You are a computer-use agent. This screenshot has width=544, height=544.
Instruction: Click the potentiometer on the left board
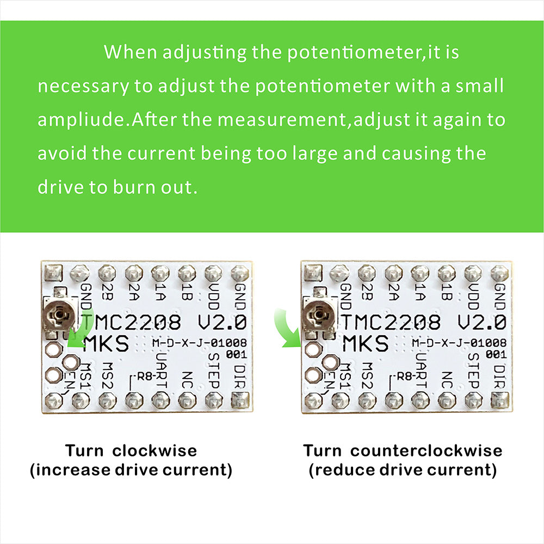(x=59, y=315)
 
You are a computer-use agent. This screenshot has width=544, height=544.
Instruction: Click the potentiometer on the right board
(x=319, y=315)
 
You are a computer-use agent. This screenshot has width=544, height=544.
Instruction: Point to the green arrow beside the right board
(x=288, y=329)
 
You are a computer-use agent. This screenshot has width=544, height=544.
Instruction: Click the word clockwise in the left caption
(x=154, y=450)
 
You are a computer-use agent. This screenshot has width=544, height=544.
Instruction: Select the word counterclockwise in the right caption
(x=426, y=450)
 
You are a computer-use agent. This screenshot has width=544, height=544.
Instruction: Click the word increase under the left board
(x=73, y=470)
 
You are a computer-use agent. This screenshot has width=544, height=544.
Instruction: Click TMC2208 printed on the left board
(x=131, y=322)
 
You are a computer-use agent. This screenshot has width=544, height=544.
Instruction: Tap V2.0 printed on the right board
(x=481, y=322)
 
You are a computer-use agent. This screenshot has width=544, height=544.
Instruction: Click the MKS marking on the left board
(x=106, y=343)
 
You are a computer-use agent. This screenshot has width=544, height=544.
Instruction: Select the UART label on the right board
(x=421, y=370)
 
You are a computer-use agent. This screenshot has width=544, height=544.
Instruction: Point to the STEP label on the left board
(x=214, y=370)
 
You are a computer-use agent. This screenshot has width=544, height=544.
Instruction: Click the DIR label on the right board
(x=499, y=376)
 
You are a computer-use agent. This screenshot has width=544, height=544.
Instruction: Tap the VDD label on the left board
(x=214, y=296)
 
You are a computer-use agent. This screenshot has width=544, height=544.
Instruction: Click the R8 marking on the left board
(x=145, y=376)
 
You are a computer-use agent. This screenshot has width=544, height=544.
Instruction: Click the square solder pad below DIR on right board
(x=500, y=400)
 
